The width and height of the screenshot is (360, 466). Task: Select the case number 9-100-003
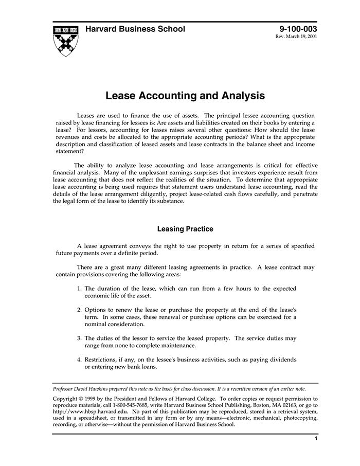(298, 29)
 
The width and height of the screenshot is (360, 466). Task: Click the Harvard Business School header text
(135, 29)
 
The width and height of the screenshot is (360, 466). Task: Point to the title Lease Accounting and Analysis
(185, 96)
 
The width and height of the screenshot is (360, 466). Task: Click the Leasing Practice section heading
(185, 228)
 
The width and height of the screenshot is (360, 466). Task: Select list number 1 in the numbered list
(79, 289)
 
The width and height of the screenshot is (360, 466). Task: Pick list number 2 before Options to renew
(79, 310)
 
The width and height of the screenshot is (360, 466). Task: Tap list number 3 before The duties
(79, 338)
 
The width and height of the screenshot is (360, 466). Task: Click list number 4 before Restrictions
(79, 360)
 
